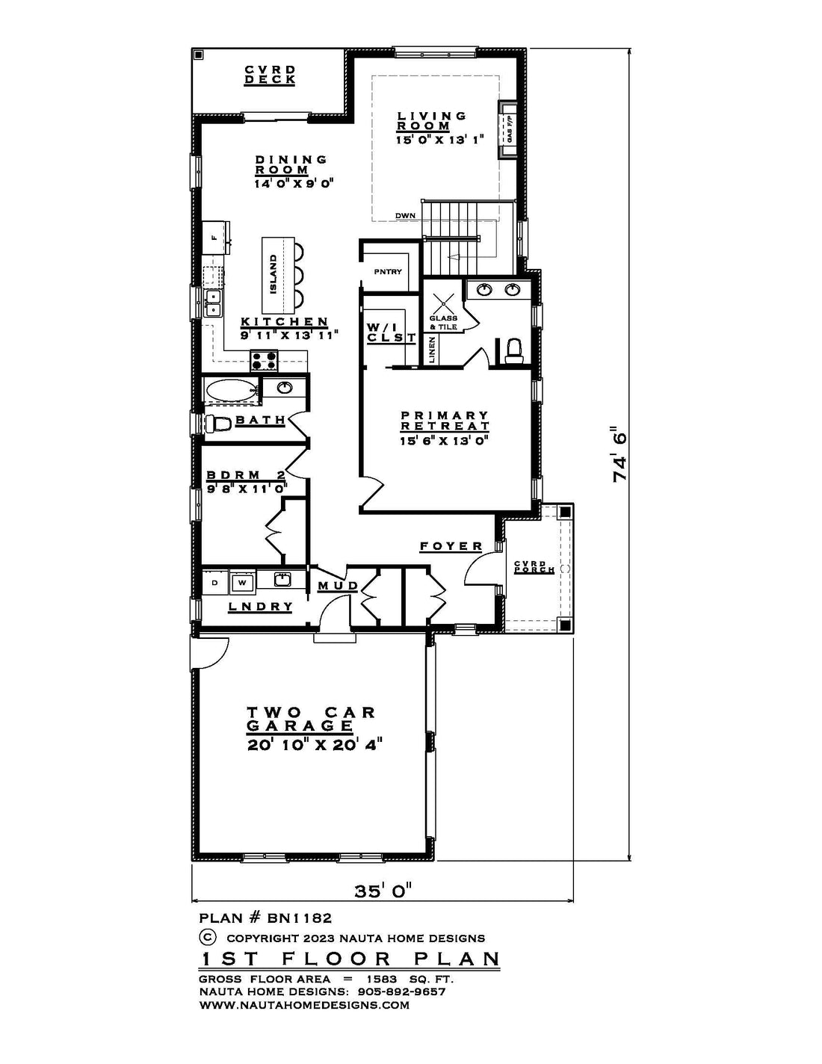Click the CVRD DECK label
point(270,75)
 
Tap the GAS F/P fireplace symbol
point(507,130)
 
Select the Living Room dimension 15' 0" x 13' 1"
point(439,140)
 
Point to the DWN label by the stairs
point(405,215)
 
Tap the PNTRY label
point(388,272)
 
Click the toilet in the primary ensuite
point(514,350)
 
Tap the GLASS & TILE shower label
point(444,323)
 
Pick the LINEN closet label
point(432,350)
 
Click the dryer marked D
point(214,583)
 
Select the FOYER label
point(451,546)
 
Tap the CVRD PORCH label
point(534,567)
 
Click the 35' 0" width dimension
point(383,890)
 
